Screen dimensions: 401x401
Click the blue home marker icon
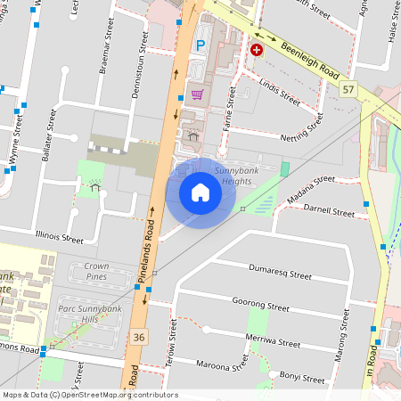pos(200,192)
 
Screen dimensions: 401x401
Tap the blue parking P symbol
pos(200,44)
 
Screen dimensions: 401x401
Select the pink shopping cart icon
pos(196,94)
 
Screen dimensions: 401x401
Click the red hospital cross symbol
pos(258,51)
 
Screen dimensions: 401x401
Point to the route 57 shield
pos(348,90)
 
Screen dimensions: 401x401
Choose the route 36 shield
pos(138,336)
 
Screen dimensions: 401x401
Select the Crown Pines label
pos(95,272)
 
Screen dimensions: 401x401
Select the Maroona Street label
pos(216,363)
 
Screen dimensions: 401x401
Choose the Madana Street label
pos(310,184)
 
